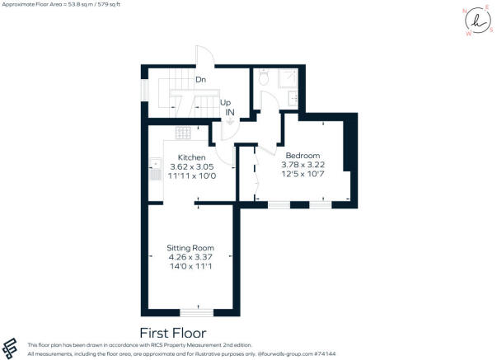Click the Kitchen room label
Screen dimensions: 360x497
(191, 157)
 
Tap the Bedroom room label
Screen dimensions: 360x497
(302, 156)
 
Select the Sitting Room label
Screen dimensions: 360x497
(190, 247)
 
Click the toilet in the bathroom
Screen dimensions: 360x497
(263, 78)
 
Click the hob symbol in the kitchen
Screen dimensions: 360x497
(183, 132)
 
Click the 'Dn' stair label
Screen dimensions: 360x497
(199, 80)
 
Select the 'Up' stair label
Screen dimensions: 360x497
(225, 102)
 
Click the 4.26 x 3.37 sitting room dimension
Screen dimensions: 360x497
(190, 256)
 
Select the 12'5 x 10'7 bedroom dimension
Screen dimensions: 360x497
(302, 174)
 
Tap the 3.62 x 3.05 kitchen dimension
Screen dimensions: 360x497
(191, 166)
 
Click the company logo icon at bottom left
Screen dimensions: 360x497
(12, 348)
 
